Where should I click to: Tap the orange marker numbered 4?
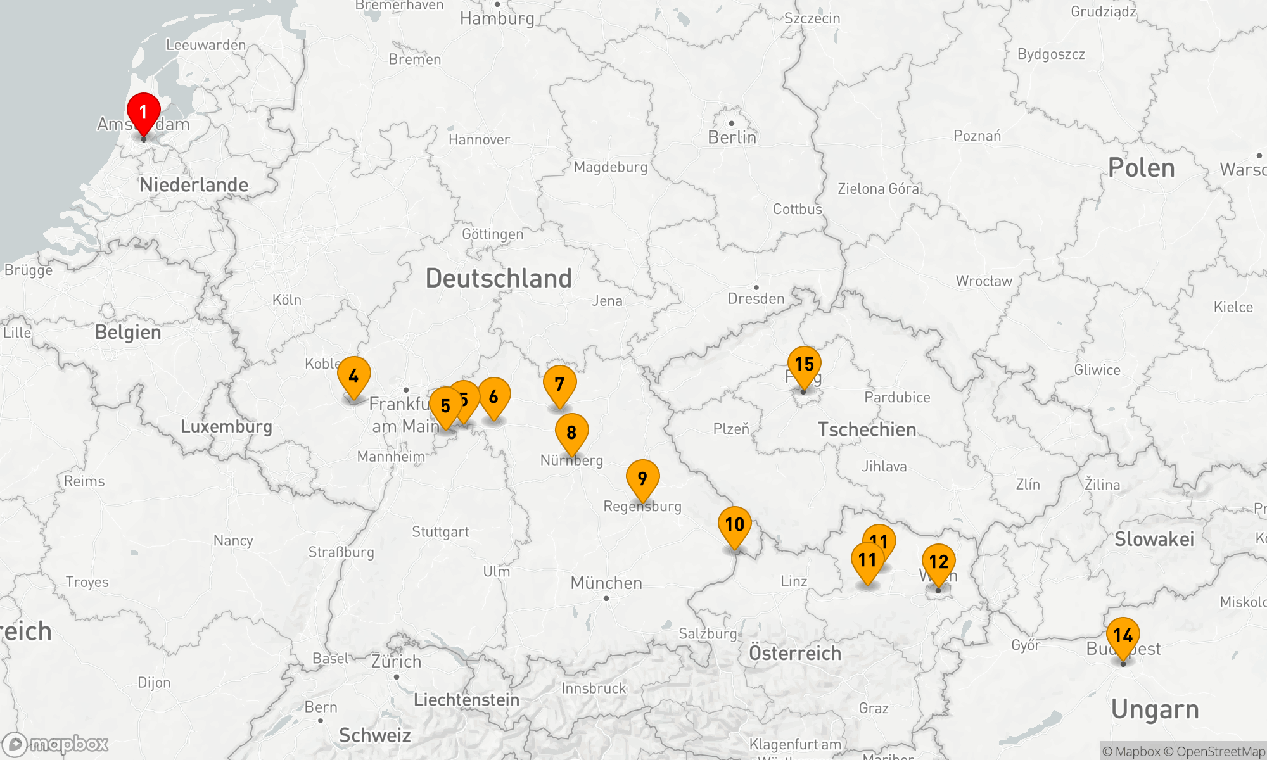353,376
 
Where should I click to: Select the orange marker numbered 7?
559,384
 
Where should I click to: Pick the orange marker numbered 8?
571,433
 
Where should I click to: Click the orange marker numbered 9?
642,479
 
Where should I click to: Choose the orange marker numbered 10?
734,525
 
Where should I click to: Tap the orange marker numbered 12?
938,562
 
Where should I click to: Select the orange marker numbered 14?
1123,635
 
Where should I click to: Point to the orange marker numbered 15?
804,365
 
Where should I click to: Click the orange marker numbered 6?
493,397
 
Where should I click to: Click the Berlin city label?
732,137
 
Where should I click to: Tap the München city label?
606,583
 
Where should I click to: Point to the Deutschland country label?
499,279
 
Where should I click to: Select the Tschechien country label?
867,429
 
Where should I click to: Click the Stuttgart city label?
440,532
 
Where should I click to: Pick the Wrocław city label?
984,281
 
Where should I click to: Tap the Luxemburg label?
226,426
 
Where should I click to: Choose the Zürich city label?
396,662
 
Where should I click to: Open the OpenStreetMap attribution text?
1220,752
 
